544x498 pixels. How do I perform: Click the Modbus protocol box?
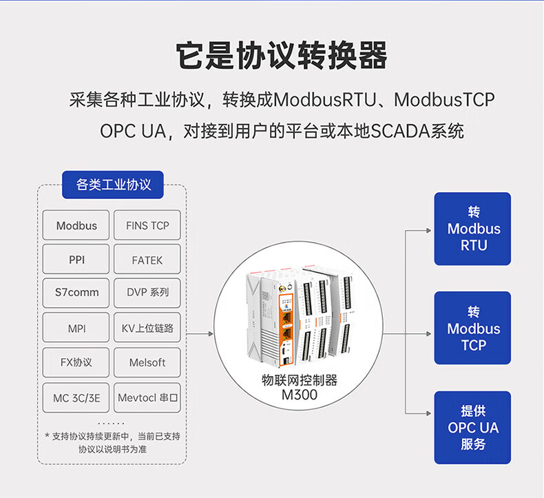tap(76, 225)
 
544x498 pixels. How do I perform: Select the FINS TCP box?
tap(147, 225)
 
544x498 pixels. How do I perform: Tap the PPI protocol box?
tap(76, 260)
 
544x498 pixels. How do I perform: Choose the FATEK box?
tap(147, 260)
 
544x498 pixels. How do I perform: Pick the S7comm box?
tap(76, 293)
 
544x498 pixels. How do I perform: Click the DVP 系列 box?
tap(147, 293)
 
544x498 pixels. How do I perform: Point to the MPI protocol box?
tap(76, 329)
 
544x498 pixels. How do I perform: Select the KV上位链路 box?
tap(147, 329)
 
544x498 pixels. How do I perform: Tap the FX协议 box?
tap(76, 362)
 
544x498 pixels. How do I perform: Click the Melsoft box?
tap(147, 362)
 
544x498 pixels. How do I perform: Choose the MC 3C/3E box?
tap(76, 397)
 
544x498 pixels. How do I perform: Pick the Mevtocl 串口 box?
tap(147, 397)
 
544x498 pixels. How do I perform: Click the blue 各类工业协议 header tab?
tap(114, 185)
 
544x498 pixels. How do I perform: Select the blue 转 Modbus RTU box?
tap(473, 229)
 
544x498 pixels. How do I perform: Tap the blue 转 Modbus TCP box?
tap(473, 328)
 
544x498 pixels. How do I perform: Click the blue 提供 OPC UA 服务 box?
tap(473, 428)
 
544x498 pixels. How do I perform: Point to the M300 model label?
tap(299, 396)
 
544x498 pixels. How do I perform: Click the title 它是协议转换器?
tap(271, 56)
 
